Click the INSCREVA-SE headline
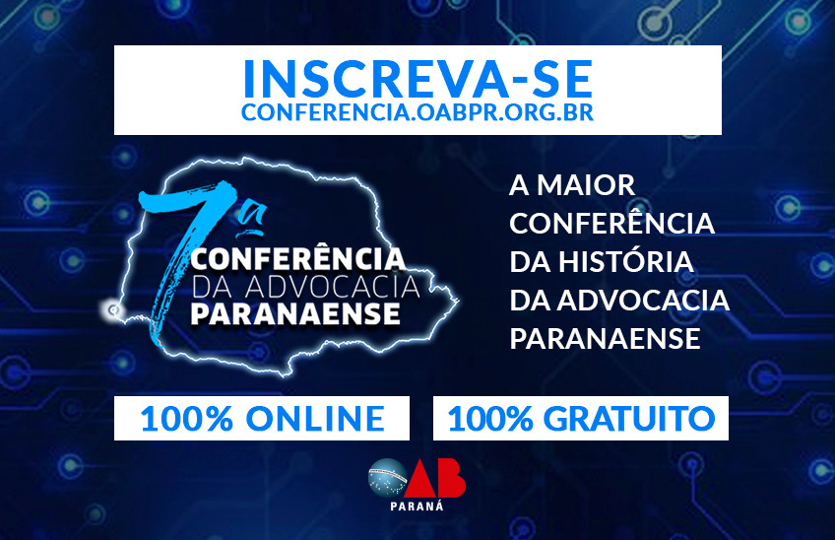click(418, 79)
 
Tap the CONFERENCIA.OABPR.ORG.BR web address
click(417, 112)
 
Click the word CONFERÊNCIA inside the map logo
click(298, 258)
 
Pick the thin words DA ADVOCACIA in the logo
click(305, 286)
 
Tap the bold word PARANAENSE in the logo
click(295, 313)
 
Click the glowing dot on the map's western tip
click(112, 309)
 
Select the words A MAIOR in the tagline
click(572, 185)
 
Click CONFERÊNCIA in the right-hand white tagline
click(611, 222)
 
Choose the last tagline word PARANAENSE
click(605, 339)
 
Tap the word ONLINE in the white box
click(315, 419)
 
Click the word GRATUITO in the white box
click(629, 419)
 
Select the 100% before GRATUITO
click(490, 419)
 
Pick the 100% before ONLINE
click(187, 419)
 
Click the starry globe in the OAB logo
click(388, 478)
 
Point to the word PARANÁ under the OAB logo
click(417, 506)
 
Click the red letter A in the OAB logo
click(421, 478)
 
